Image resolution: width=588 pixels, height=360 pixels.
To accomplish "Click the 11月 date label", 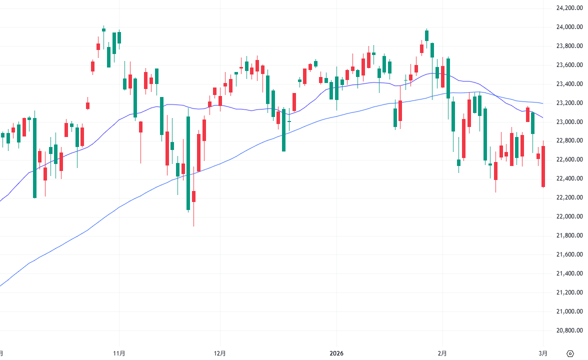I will click(x=119, y=353).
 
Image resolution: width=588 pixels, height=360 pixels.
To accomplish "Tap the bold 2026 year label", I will click(x=336, y=353).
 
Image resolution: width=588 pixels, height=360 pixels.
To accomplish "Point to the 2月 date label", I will click(x=442, y=353).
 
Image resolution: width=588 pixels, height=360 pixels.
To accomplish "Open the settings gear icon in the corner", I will click(x=570, y=353).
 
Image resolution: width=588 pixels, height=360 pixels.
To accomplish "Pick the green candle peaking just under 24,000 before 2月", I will click(x=426, y=35).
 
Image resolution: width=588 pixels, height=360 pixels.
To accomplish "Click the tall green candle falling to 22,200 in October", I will click(x=34, y=157).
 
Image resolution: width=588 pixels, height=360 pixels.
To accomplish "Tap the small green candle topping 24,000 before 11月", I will click(x=103, y=29).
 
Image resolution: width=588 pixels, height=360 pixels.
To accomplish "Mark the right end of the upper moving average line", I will click(x=543, y=103).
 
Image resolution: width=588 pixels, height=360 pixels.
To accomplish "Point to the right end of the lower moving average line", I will click(x=543, y=118).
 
